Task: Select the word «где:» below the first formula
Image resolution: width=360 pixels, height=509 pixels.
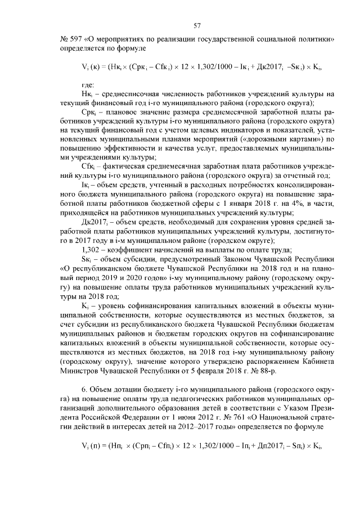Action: pyautogui.click(x=89, y=85)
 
